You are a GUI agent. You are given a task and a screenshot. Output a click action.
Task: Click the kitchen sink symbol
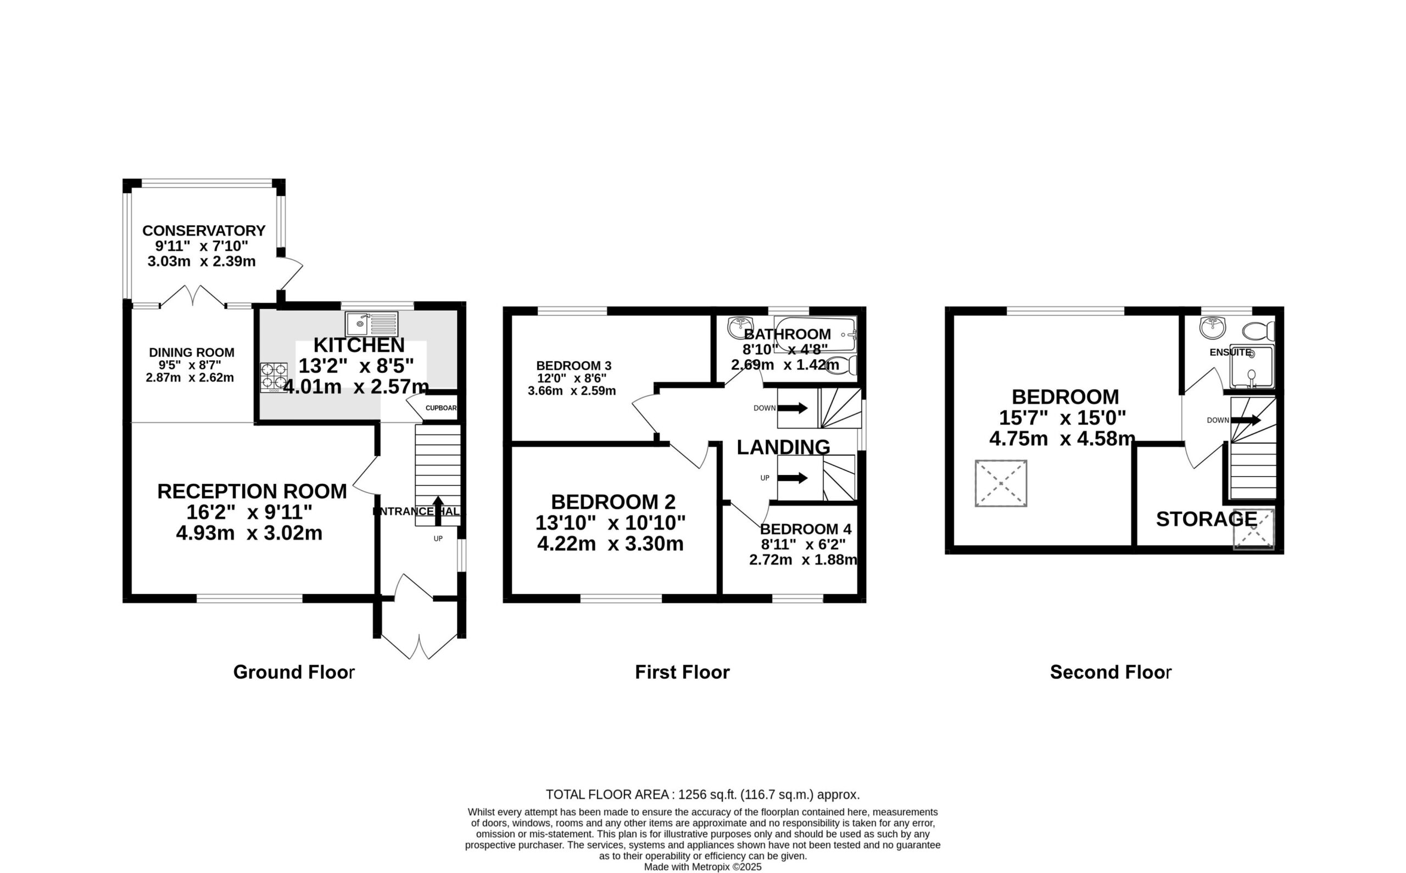coord(372,324)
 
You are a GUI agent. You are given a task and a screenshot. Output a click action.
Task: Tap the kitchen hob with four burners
coord(274,378)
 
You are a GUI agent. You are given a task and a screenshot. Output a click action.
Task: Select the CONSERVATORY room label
coord(204,231)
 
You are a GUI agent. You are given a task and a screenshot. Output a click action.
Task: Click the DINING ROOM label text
coord(192,352)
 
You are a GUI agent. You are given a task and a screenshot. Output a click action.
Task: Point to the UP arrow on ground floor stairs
coord(438,511)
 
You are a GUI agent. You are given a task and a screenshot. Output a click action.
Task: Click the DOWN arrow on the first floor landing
coord(793,408)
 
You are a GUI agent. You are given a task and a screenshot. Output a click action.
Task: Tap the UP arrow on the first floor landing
coord(793,478)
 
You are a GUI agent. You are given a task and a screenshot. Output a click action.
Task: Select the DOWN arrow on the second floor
coord(1246,420)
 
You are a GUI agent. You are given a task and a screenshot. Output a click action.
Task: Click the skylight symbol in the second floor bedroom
coord(1001,483)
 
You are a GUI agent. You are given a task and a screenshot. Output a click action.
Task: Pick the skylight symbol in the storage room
coord(1253,529)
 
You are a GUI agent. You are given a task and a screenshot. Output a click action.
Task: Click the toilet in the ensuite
coord(1258,331)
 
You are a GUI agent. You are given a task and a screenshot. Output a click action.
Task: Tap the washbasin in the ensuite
coord(1212,327)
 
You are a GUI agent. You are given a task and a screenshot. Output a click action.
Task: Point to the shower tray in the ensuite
coord(1251,367)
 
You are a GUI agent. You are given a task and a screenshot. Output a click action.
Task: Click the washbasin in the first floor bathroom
coord(740,327)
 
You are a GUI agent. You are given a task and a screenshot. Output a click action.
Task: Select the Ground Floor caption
coord(294,672)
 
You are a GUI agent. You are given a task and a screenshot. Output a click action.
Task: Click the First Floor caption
coord(683,672)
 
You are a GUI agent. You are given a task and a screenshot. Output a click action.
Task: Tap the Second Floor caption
coord(1111,672)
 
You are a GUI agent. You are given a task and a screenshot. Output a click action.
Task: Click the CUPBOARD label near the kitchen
coord(441,408)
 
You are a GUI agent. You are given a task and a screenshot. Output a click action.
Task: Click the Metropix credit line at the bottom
coord(702,866)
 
